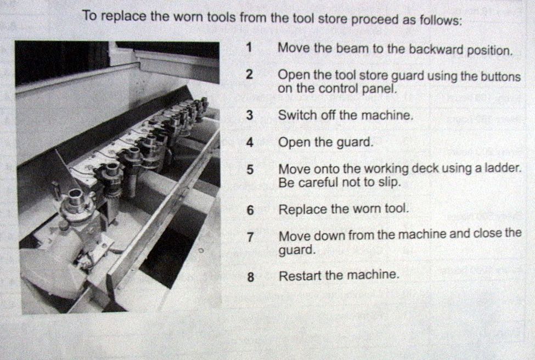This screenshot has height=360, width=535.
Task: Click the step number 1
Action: point(250,47)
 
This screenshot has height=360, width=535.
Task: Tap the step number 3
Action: point(250,115)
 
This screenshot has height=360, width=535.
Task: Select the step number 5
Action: point(250,169)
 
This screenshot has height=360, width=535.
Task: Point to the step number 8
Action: point(251,277)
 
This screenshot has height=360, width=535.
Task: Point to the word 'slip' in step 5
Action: point(389,183)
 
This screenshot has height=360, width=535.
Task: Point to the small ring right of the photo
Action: point(201,250)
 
